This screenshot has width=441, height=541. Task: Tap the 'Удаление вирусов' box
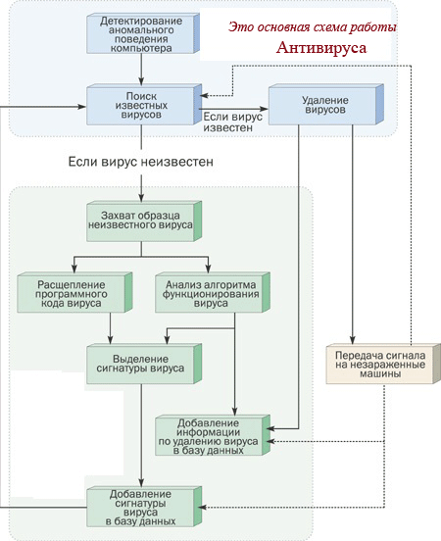pyautogui.click(x=326, y=105)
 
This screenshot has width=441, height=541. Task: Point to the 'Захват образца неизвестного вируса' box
pyautogui.click(x=143, y=221)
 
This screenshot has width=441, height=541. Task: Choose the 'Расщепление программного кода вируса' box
pyautogui.click(x=74, y=293)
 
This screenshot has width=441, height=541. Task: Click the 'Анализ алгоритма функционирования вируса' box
pyautogui.click(x=213, y=293)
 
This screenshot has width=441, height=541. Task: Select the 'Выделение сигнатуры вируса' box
pyautogui.click(x=143, y=364)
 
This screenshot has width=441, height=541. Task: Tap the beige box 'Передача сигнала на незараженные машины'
pyautogui.click(x=383, y=364)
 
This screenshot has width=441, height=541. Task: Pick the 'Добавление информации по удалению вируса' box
pyautogui.click(x=213, y=435)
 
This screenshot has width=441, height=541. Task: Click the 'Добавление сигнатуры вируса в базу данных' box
pyautogui.click(x=143, y=507)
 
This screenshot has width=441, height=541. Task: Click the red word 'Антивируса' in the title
pyautogui.click(x=321, y=48)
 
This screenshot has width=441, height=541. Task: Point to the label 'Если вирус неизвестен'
pyautogui.click(x=140, y=162)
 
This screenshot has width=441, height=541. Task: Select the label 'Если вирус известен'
pyautogui.click(x=232, y=123)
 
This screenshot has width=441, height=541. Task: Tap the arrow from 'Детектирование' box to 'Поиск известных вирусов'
pyautogui.click(x=141, y=70)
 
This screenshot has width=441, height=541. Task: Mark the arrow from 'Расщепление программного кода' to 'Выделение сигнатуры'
pyautogui.click(x=110, y=328)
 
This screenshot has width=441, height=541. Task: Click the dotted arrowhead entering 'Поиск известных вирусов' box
pyautogui.click(x=205, y=96)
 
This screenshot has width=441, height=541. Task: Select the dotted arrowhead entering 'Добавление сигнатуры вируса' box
pyautogui.click(x=203, y=508)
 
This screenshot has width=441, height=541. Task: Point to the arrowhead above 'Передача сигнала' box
pyautogui.click(x=353, y=340)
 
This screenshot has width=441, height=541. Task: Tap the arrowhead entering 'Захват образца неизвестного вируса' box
pyautogui.click(x=141, y=197)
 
